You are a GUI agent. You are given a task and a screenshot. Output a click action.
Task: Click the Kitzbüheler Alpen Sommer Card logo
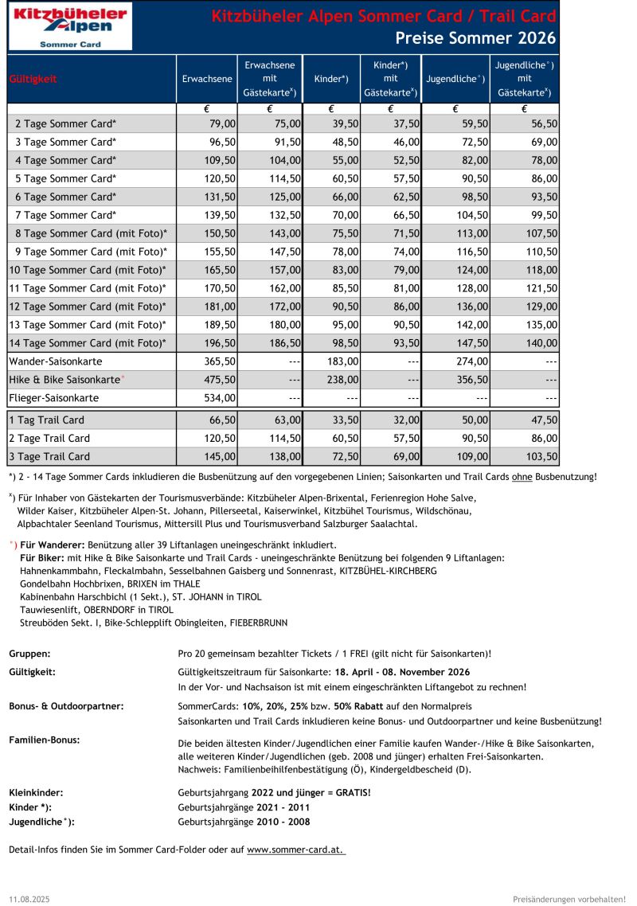pos(70,27)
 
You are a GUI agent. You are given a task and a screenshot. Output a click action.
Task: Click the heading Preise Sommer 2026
pos(475,38)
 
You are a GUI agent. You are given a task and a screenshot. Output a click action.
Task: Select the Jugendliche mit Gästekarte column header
pos(524,79)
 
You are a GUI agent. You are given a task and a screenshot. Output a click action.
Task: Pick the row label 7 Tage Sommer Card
pos(66,215)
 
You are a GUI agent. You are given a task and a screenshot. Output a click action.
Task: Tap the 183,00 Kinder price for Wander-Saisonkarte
pos(345,361)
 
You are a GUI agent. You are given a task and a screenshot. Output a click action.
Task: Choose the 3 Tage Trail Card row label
pos(49,456)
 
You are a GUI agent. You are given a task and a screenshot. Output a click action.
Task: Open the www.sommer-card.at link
pos(295,849)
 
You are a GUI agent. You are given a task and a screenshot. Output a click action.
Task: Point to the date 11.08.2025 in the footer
pos(29,898)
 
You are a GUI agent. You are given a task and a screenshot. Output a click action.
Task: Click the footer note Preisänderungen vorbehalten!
pos(569,898)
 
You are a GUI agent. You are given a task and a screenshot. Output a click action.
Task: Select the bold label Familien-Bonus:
pos(45,740)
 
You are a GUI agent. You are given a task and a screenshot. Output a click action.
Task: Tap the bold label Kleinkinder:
pos(36,792)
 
